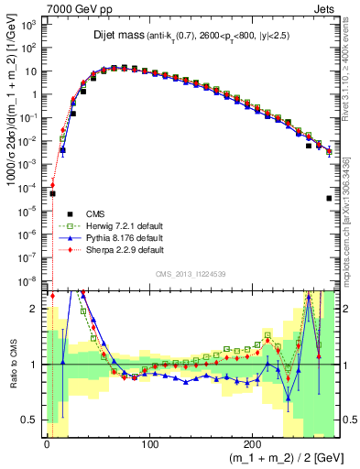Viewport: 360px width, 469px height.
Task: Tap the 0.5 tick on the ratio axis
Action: (33, 420)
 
